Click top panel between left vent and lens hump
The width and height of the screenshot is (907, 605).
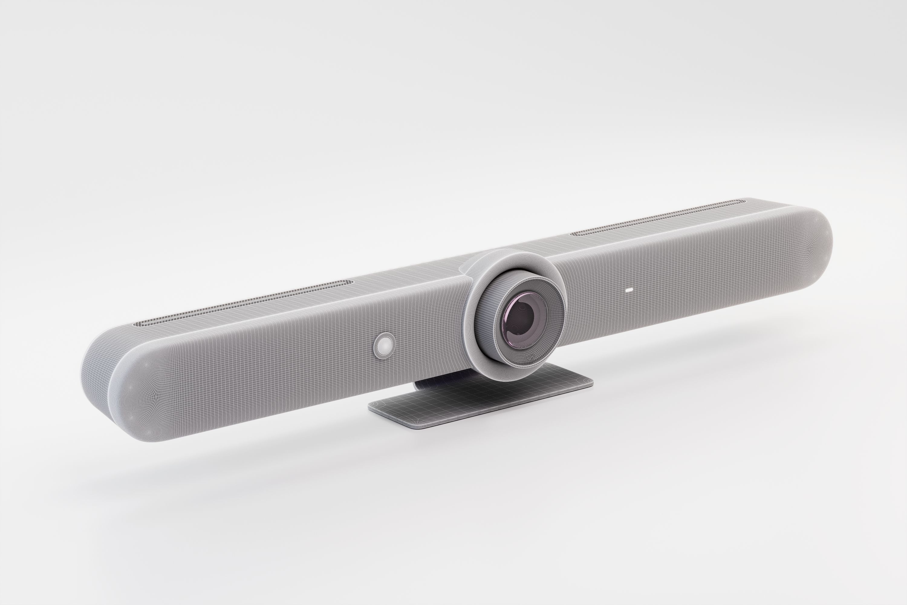pos(405,278)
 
